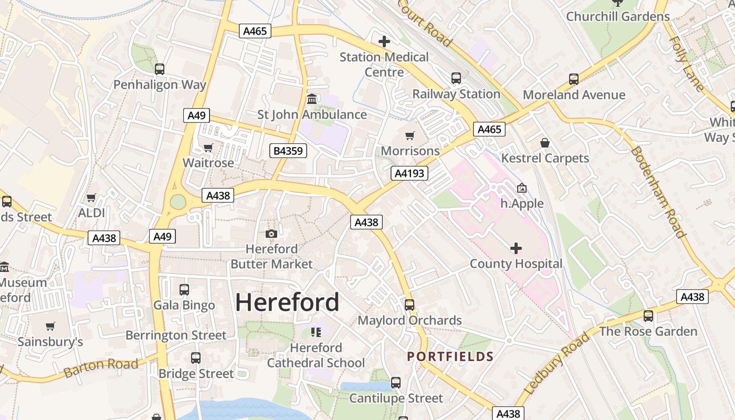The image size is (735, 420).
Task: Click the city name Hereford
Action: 287,302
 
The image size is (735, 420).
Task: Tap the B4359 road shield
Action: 288,151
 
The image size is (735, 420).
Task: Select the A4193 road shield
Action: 409,173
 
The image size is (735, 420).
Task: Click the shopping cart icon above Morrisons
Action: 410,136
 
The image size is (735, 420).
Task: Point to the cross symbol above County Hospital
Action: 516,248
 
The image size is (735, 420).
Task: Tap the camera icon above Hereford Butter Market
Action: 271,234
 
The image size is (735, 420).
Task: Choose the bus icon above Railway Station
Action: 456,79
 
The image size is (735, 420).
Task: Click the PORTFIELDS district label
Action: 450,357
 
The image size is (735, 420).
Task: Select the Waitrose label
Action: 208,163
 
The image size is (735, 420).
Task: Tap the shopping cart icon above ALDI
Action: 91,198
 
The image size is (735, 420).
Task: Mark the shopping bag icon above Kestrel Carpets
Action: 545,143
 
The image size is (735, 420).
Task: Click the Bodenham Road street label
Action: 658,192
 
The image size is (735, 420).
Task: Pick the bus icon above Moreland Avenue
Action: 574,79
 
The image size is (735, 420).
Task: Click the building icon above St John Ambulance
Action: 312,99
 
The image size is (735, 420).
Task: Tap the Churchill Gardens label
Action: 618,16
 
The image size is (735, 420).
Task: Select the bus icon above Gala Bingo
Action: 184,290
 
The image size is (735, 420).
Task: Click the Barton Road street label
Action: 101,367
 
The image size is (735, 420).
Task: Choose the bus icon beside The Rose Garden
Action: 648,316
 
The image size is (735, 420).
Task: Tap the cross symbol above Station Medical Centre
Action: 384,41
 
